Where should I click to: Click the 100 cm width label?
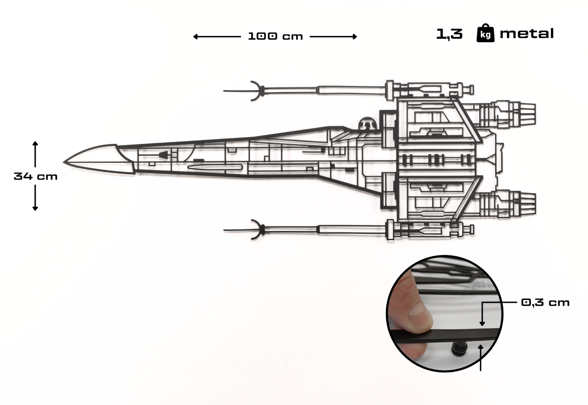[275, 37]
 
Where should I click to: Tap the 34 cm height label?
[35, 177]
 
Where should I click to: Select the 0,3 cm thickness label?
[545, 303]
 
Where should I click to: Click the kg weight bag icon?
[485, 33]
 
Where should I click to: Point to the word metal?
[526, 34]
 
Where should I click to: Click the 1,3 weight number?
[449, 34]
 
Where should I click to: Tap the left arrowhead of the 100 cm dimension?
[195, 37]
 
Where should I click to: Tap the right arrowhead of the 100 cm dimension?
[355, 37]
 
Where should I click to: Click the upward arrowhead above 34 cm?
[35, 143]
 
